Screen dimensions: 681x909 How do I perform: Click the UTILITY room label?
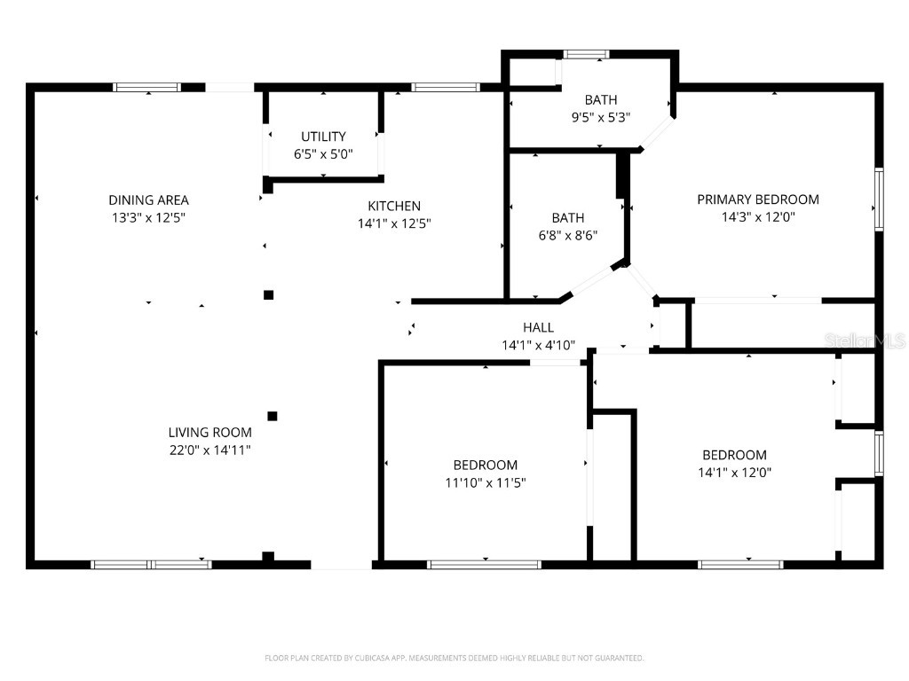click(x=323, y=137)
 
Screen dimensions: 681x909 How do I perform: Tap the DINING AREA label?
click(x=148, y=200)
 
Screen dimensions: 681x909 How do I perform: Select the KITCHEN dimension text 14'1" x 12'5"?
click(x=394, y=223)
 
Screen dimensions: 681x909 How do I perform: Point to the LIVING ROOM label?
click(x=209, y=433)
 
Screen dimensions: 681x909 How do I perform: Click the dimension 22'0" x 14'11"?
click(x=209, y=450)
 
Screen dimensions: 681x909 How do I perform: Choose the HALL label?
click(x=538, y=328)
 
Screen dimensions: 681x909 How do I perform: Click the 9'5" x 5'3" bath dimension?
click(x=600, y=117)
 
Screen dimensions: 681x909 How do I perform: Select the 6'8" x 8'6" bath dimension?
click(x=568, y=235)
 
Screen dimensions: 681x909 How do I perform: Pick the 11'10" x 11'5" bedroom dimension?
click(x=485, y=482)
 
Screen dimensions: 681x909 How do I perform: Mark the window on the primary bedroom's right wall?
click(x=879, y=199)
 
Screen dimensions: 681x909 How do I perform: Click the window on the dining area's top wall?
click(x=147, y=87)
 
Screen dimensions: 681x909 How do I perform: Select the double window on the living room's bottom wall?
click(x=152, y=564)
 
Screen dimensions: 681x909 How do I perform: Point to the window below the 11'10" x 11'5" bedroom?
click(x=485, y=564)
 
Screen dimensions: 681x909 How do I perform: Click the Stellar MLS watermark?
click(x=865, y=340)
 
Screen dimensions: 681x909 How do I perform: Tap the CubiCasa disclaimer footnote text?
click(x=454, y=658)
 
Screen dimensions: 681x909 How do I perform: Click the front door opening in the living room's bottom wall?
click(x=341, y=564)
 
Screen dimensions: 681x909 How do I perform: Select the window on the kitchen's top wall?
click(x=446, y=87)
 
